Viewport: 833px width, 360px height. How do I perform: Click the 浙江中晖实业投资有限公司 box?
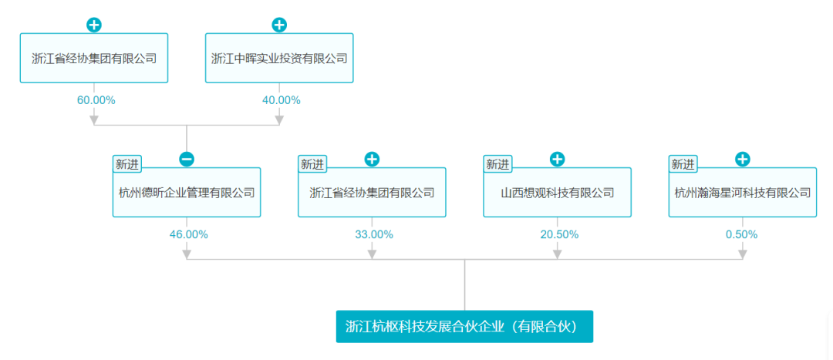click(279, 58)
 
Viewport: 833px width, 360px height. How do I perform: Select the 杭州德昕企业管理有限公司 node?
click(187, 192)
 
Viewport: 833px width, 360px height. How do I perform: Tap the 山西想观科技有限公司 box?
click(558, 192)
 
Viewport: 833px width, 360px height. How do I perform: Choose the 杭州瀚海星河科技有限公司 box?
click(743, 192)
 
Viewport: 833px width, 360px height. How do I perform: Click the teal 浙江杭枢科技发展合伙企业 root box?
click(464, 326)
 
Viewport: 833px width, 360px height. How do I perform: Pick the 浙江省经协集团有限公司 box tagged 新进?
click(372, 192)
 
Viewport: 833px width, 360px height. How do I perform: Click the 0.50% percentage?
click(742, 234)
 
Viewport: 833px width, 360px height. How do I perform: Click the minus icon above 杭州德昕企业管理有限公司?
click(187, 159)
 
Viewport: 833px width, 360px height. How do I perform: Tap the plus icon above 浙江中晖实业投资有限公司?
click(279, 25)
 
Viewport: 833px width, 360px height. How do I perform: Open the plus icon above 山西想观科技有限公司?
click(558, 159)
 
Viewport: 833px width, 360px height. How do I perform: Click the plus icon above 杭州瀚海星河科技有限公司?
click(743, 159)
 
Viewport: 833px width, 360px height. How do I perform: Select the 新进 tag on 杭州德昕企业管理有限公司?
click(127, 165)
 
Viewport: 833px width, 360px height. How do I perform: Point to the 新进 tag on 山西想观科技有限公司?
click(497, 165)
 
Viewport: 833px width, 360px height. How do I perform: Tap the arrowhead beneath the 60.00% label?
click(94, 119)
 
